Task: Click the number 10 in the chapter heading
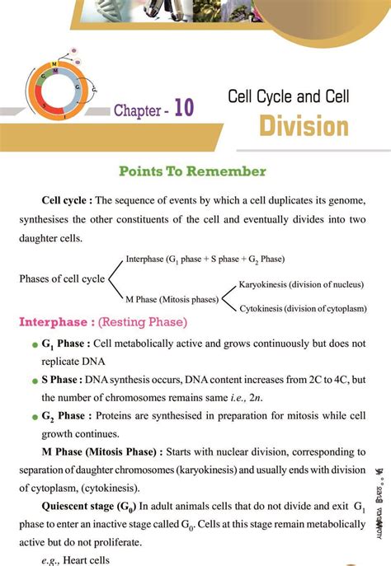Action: pyautogui.click(x=183, y=110)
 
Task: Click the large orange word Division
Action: pyautogui.click(x=304, y=127)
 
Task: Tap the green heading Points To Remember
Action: pyautogui.click(x=192, y=171)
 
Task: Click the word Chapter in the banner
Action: pyautogui.click(x=138, y=110)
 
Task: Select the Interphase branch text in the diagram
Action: pyautogui.click(x=205, y=259)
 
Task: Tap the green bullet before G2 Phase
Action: pyautogui.click(x=34, y=418)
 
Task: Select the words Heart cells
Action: pyautogui.click(x=90, y=559)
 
